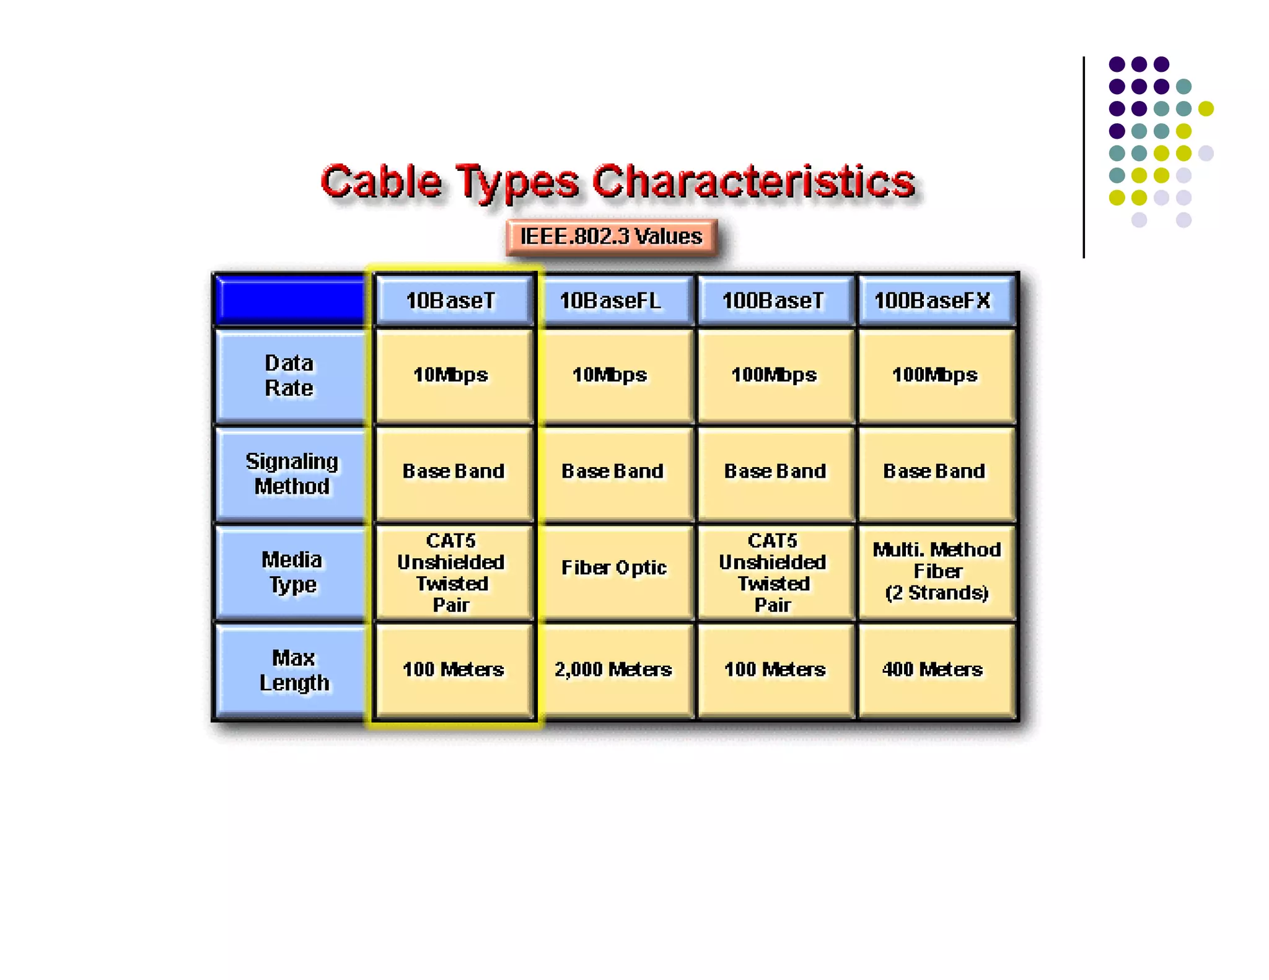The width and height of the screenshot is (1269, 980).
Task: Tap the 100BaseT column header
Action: click(774, 300)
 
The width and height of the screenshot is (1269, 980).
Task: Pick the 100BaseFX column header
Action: click(934, 300)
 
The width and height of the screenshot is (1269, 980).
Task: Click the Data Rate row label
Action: click(289, 376)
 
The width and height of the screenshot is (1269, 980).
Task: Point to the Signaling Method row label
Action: click(291, 474)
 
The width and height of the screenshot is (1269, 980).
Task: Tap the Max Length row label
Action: click(293, 670)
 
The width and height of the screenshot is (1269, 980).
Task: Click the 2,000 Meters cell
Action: click(613, 670)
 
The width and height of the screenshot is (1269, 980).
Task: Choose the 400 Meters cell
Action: click(934, 670)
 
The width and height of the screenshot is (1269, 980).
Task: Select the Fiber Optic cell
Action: click(613, 567)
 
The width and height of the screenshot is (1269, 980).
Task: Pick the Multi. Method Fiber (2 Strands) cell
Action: click(936, 571)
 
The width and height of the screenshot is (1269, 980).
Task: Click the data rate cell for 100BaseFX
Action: click(934, 375)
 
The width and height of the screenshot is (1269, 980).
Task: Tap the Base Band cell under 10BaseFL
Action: click(613, 471)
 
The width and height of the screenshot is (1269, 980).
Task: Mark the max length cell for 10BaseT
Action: click(453, 670)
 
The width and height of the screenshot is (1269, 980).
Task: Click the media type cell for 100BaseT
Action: click(773, 572)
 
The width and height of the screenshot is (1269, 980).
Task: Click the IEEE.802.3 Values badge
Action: click(611, 237)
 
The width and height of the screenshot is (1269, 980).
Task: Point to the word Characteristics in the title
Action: click(753, 182)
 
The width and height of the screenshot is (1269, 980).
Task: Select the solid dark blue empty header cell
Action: click(290, 300)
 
